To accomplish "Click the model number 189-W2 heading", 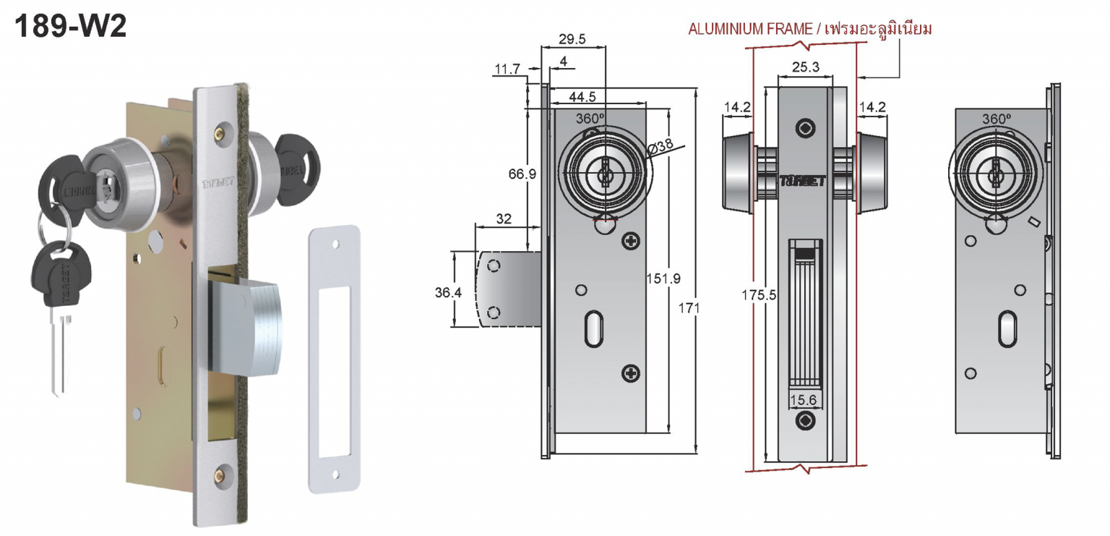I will pyautogui.click(x=71, y=27).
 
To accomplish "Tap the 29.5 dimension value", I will pyautogui.click(x=572, y=39).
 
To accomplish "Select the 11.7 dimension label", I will pyautogui.click(x=507, y=69).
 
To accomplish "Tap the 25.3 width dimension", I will pyautogui.click(x=805, y=67).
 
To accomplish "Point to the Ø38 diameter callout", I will pyautogui.click(x=660, y=146).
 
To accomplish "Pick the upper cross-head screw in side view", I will pyautogui.click(x=631, y=242).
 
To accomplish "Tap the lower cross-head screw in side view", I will pyautogui.click(x=631, y=373).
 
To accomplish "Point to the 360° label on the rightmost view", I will pyautogui.click(x=996, y=119).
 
